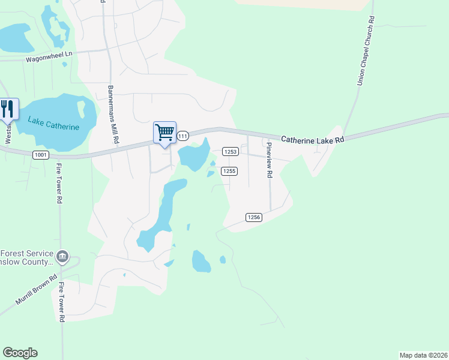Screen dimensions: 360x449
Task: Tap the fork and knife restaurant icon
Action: (8, 109)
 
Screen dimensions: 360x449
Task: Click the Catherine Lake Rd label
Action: (313, 140)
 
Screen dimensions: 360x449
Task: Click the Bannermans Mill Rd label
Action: (112, 113)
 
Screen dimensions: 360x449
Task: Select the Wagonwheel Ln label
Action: (49, 58)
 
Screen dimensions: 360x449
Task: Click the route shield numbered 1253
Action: (231, 152)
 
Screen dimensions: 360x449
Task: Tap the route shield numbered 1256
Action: (253, 217)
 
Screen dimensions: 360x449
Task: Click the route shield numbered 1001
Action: (41, 154)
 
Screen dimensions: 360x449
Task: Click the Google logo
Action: (20, 353)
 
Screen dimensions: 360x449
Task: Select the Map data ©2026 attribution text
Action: (423, 355)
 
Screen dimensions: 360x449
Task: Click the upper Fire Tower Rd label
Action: (59, 184)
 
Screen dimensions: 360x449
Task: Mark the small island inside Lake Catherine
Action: (81, 109)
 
